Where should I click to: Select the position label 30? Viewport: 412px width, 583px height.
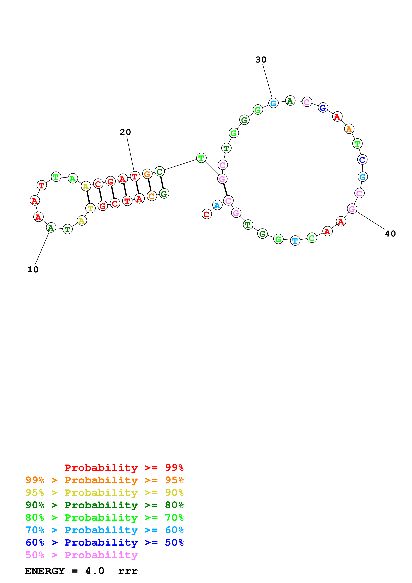[261, 60]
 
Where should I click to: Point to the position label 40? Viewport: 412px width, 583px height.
[390, 234]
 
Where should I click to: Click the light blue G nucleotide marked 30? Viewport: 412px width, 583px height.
[273, 103]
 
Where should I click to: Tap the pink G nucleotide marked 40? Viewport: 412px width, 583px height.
[352, 209]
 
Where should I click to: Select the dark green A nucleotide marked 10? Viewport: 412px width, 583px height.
[51, 228]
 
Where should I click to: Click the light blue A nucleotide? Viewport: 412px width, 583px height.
[217, 205]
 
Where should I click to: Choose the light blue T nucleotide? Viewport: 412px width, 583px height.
[295, 240]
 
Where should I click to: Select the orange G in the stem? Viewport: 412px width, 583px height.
[147, 174]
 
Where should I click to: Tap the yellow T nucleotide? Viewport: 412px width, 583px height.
[90, 208]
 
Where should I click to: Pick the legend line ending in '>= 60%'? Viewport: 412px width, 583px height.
[104, 530]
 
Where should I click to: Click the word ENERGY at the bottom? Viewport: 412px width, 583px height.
[45, 571]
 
